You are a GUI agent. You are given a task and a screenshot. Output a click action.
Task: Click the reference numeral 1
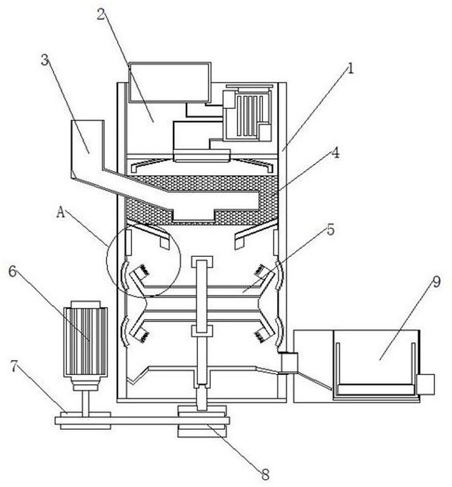[x=350, y=68]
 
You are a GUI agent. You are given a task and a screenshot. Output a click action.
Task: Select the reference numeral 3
[x=46, y=60]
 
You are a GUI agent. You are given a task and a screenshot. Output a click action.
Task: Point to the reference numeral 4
[x=335, y=153]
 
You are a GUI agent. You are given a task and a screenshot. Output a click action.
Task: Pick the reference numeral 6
[x=12, y=272]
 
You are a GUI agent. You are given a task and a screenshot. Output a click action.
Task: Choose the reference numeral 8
[x=265, y=474]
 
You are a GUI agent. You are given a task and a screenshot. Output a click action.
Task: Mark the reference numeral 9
[x=436, y=282]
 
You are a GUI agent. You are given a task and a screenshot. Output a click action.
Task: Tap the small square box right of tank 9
[x=425, y=384]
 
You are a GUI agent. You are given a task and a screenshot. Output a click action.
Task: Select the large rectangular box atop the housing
[x=170, y=82]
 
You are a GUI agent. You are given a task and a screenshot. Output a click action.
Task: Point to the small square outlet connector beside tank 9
[x=289, y=363]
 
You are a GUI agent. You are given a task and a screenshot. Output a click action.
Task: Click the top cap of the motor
[x=85, y=304]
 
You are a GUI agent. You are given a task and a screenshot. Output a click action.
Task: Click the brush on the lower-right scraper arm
[x=259, y=337]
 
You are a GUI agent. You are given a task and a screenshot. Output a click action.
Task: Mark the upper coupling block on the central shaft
[x=202, y=262]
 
